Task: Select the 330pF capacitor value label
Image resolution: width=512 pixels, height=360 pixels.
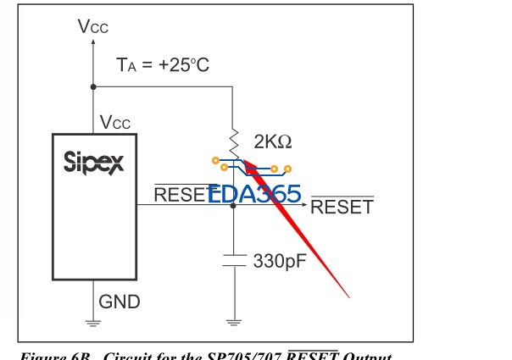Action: coord(281,258)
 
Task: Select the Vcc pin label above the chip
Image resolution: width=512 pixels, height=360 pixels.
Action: coord(115,124)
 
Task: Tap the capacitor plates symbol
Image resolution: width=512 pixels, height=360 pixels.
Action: coord(232,259)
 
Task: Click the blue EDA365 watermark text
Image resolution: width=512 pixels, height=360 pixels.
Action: coord(254,195)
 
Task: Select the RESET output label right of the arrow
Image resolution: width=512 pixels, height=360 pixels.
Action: coord(342,207)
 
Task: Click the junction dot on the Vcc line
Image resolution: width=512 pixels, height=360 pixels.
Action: coord(92,86)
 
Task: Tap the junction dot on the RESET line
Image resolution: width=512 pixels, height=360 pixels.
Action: coord(232,204)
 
